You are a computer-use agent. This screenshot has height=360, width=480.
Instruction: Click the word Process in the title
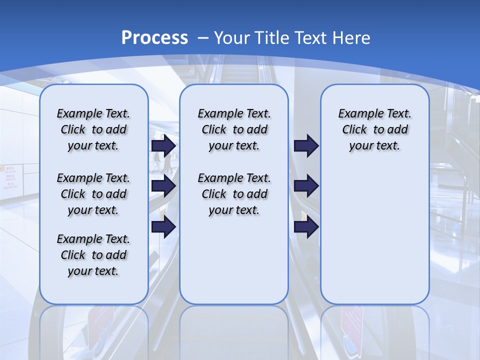(154, 37)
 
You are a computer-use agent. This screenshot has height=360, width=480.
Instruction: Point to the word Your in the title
(232, 37)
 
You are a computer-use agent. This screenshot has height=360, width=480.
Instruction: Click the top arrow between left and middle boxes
(163, 145)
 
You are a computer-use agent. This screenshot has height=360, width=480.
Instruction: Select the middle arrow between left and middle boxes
(163, 186)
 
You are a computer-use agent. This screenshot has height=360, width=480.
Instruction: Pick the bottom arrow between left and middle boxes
(163, 227)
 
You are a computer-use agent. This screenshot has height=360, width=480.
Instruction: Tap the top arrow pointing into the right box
(306, 145)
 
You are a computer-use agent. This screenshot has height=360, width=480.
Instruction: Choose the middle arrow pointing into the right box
(306, 186)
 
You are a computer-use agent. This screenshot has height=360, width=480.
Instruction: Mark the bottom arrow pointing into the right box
(306, 227)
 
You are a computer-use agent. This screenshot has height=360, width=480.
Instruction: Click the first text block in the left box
(93, 129)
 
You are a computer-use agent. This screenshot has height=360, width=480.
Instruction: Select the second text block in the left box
(93, 194)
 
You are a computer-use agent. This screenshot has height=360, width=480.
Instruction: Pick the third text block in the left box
(93, 255)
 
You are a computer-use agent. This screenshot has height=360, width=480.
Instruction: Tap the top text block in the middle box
(234, 129)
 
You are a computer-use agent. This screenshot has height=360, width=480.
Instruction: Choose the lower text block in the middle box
(234, 194)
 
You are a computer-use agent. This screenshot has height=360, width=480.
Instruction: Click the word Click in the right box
(354, 129)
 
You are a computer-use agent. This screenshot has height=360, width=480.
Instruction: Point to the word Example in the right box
(356, 113)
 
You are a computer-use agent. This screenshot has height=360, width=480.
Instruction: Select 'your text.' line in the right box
(374, 146)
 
